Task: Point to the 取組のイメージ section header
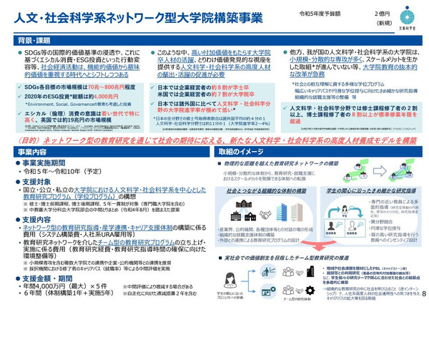point(247,152)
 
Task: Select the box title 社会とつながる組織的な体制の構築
point(266,193)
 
